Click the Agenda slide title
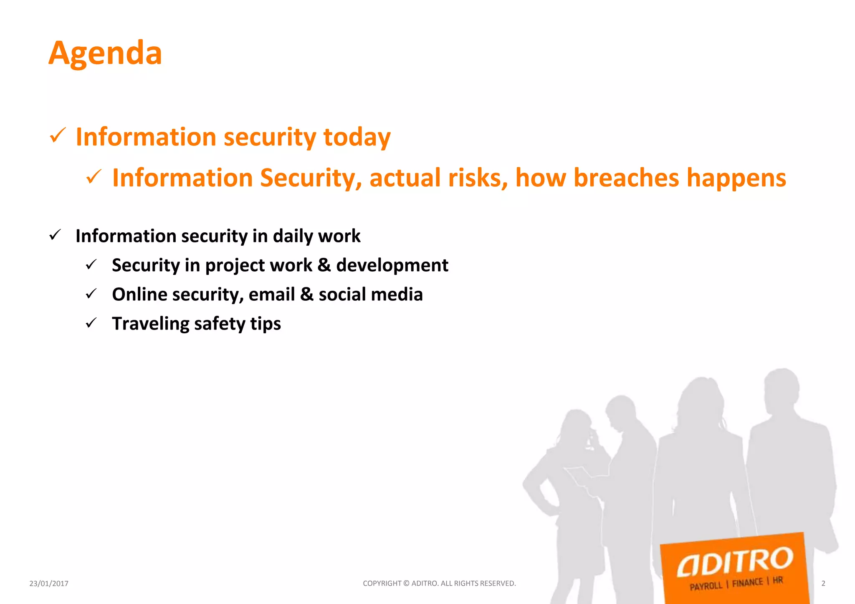105,53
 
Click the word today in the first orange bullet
357,137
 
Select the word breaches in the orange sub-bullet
626,178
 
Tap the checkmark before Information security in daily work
55,235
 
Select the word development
392,266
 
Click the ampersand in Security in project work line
324,266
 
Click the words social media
370,294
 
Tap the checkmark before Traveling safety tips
91,323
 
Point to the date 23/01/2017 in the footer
49,584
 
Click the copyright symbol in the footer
406,583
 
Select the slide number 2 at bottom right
823,584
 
